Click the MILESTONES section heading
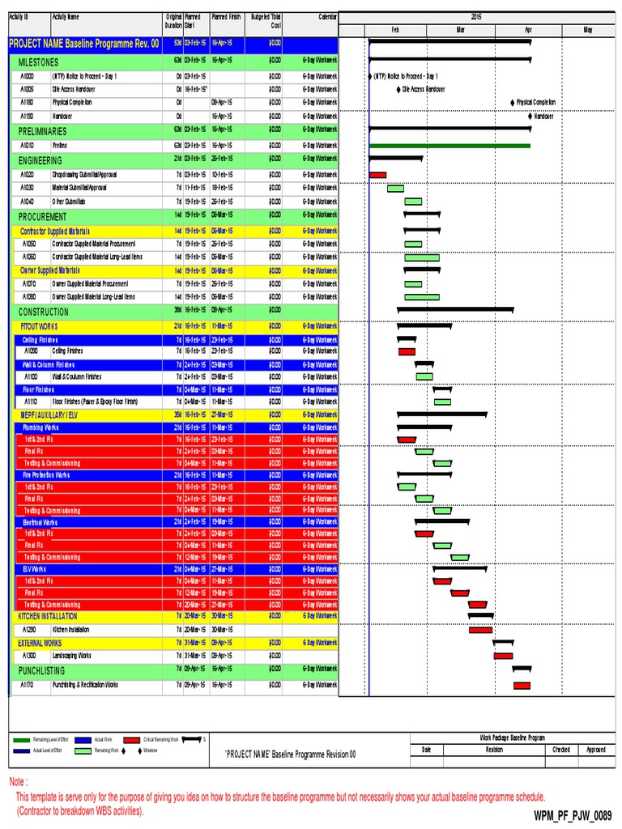point(38,62)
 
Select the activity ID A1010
point(28,145)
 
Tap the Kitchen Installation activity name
point(70,629)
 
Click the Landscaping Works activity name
point(71,656)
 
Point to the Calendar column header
point(316,16)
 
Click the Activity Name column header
point(66,16)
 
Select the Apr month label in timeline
point(528,30)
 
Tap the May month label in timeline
point(589,30)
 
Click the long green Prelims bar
point(449,146)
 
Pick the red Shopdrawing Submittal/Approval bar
point(377,175)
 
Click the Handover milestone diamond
point(530,117)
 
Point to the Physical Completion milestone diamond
point(512,103)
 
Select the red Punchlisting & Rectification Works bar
point(522,686)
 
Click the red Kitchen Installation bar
point(480,630)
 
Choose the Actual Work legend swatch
point(83,739)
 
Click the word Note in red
point(18,782)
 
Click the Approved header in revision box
point(595,750)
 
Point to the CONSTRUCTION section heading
point(44,312)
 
